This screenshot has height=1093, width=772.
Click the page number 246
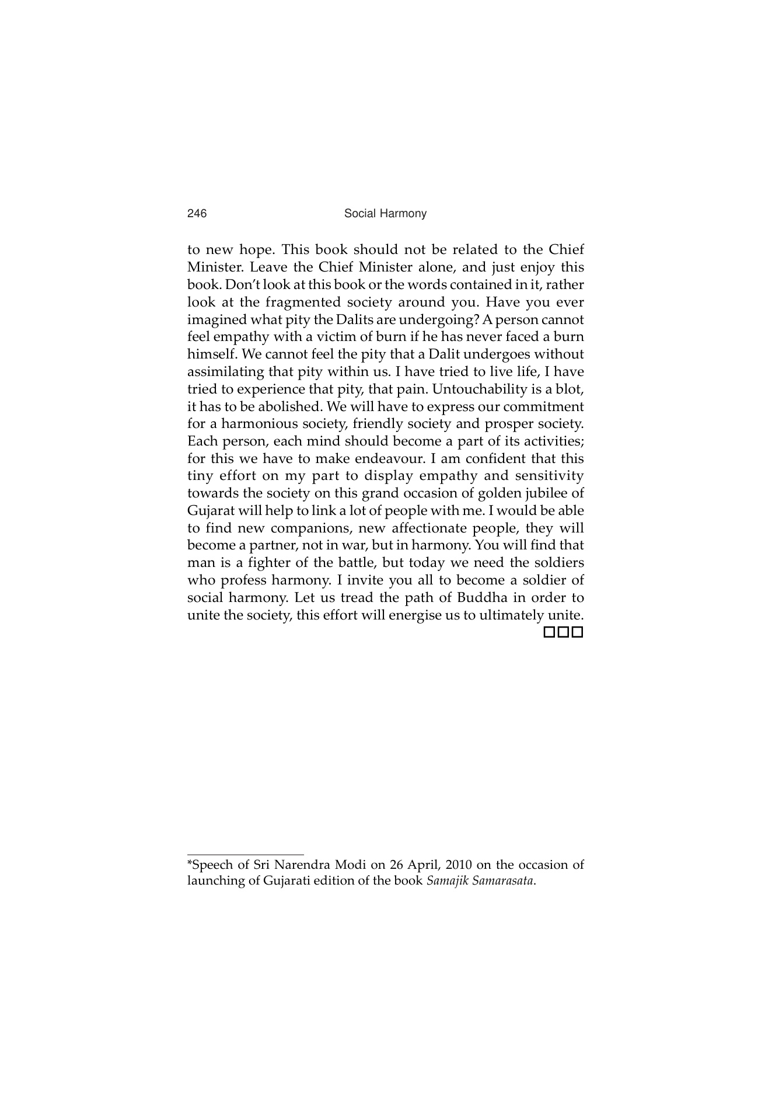197,214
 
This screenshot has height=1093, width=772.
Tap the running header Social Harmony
385,214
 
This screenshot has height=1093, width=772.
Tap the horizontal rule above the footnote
245,855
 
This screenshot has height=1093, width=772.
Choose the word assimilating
226,372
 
